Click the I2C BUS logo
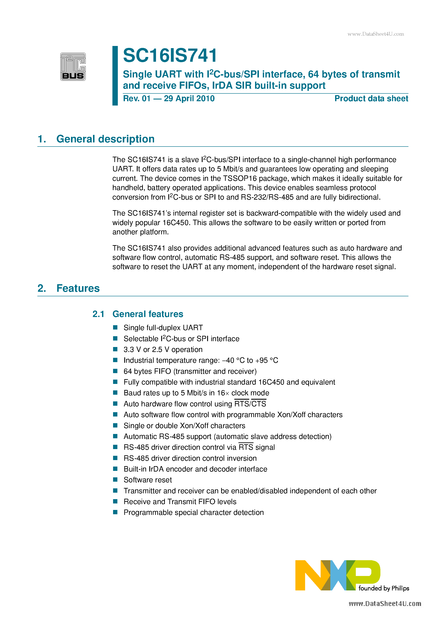click(73, 66)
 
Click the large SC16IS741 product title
click(170, 55)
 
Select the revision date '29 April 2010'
click(189, 98)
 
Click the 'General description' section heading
click(105, 139)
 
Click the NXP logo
click(337, 575)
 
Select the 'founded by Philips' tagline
click(384, 588)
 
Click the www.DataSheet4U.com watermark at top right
click(375, 34)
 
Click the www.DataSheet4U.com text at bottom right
click(385, 604)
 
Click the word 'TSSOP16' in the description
click(240, 178)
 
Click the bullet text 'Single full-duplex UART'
click(163, 328)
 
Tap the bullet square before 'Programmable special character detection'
click(115, 512)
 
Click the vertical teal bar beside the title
click(115, 76)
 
